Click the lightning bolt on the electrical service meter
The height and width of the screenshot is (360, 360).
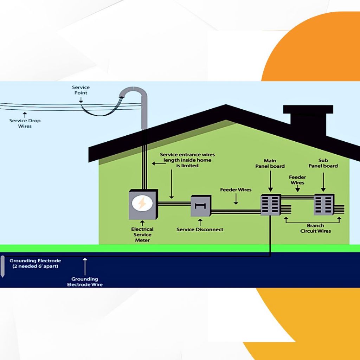click(x=142, y=204)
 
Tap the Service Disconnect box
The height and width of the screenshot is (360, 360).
click(x=200, y=206)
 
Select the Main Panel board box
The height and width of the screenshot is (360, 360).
click(x=271, y=205)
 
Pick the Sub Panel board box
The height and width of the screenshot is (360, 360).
click(x=324, y=205)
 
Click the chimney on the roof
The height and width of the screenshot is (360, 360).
click(x=308, y=121)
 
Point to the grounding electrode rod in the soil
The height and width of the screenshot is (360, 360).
click(x=3, y=266)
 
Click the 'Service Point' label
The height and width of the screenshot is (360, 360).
click(x=81, y=90)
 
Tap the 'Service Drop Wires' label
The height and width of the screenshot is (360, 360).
click(x=25, y=123)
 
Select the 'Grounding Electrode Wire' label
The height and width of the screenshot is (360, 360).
click(x=85, y=282)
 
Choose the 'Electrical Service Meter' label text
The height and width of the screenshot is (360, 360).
click(x=142, y=234)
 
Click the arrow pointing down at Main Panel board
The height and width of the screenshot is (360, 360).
click(x=270, y=182)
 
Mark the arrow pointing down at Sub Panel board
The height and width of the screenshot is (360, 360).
click(x=323, y=182)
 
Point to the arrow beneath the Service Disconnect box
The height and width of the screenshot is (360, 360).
click(x=200, y=222)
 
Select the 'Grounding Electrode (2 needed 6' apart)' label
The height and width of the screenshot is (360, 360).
click(x=35, y=263)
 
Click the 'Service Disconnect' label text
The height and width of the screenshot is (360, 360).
click(x=200, y=230)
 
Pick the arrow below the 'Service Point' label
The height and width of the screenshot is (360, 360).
click(x=81, y=100)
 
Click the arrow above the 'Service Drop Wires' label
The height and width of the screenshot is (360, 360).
click(x=25, y=115)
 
